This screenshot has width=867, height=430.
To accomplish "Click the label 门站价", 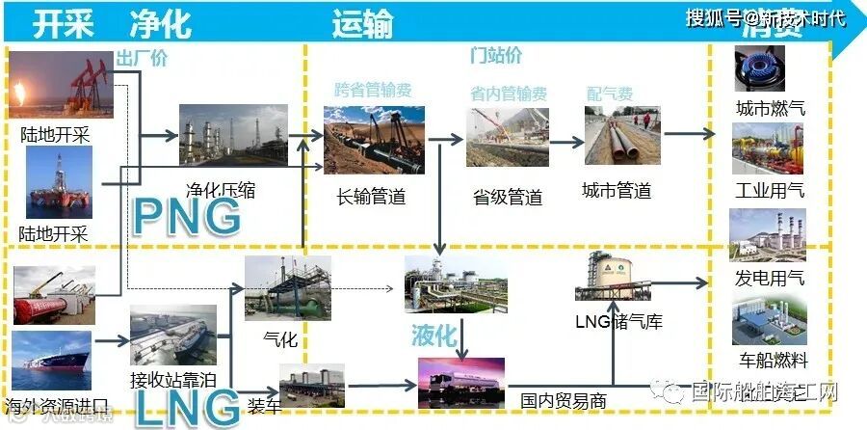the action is [x=495, y=55].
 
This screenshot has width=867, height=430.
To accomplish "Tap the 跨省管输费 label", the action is [x=373, y=91].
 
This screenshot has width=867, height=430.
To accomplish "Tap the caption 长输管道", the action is [x=371, y=198].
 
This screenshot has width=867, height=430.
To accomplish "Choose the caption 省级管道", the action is [x=508, y=198].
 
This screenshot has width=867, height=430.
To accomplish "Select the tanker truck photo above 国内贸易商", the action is [x=461, y=381].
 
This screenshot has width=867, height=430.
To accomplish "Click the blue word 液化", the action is [x=433, y=336].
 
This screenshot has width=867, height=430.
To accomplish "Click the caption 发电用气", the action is [x=769, y=279].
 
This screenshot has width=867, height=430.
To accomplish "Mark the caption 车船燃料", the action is [x=772, y=362].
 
